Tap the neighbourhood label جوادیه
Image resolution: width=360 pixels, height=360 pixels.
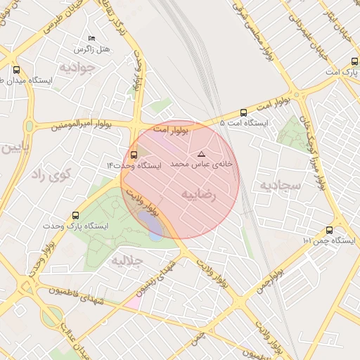[76, 68]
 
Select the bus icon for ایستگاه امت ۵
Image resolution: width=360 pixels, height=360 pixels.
[244, 112]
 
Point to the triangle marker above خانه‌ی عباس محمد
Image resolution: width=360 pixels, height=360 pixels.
[202, 153]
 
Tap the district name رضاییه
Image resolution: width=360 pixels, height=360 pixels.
[199, 191]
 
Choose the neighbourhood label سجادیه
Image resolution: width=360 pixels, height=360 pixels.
[280, 186]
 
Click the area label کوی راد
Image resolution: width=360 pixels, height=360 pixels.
[49, 176]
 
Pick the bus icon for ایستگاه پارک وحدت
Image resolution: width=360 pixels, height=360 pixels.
[75, 215]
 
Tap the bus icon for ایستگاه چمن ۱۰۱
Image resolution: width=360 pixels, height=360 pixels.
[329, 230]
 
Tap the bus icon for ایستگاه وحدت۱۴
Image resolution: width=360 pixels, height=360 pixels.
[134, 155]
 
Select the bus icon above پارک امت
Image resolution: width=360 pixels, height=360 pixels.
[331, 61]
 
